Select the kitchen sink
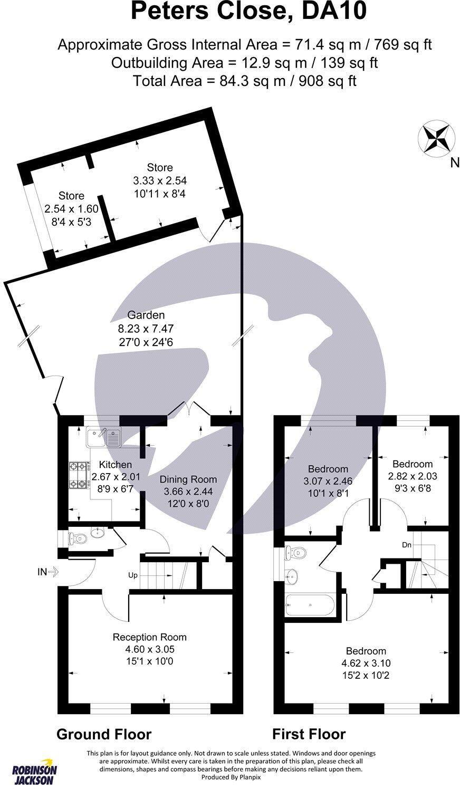[x=104, y=437]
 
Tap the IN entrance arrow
[x=50, y=571]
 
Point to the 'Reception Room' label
[x=150, y=637]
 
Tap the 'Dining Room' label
[x=188, y=479]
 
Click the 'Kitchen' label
[x=116, y=465]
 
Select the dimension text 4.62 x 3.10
[x=366, y=663]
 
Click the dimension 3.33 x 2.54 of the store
[x=159, y=180]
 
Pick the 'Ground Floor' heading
[x=104, y=734]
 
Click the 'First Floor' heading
[x=309, y=734]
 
